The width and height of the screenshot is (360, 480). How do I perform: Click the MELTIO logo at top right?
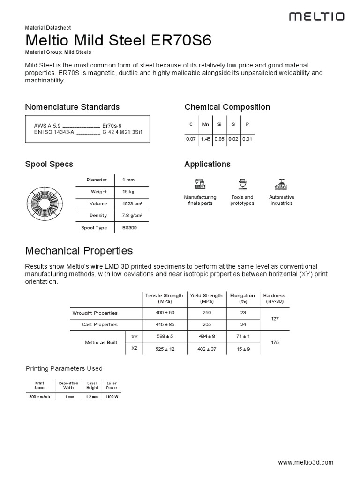316,16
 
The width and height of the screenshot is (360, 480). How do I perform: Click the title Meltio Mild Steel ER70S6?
118,40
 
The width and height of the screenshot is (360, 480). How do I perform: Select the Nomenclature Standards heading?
72,107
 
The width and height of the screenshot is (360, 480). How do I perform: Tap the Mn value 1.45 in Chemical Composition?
205,139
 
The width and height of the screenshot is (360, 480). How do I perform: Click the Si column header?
219,124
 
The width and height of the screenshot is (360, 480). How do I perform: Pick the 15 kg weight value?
128,192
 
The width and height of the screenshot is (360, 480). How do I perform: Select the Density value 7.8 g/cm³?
132,216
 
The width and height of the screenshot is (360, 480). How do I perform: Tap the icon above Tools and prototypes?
242,183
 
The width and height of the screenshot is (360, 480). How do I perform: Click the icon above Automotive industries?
281,183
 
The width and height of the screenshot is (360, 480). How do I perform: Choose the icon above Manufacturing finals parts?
200,183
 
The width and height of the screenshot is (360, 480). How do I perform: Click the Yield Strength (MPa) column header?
206,299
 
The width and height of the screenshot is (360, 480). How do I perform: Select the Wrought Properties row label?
95,313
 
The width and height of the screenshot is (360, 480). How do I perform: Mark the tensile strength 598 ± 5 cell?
165,337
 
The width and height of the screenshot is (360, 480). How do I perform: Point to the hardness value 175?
275,343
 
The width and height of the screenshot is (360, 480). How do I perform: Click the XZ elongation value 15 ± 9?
243,349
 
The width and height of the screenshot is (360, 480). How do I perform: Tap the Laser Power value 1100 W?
112,397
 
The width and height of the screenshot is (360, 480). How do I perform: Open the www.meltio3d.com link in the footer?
306,462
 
